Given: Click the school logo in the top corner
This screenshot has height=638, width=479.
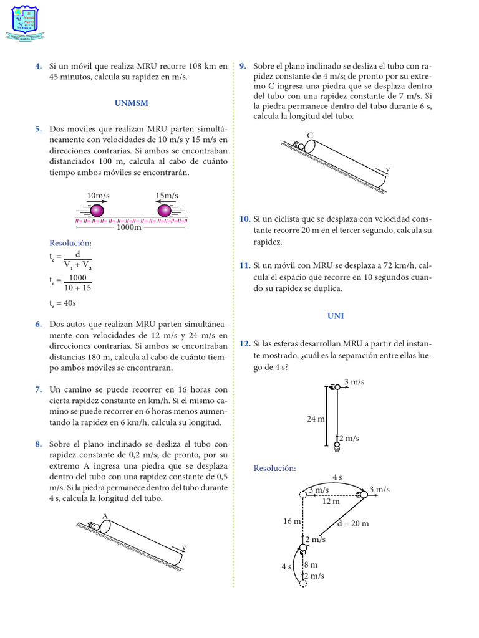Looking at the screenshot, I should coord(26,23).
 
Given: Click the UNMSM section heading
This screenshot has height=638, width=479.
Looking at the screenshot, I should coord(131,103).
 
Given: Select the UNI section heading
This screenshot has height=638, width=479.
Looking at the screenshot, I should coord(336,316).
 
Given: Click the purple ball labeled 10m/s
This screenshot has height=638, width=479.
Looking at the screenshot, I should coord(97,209).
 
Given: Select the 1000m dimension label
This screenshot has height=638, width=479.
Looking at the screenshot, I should coord(129,228).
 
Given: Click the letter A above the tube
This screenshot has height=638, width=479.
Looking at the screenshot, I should coord(105,515).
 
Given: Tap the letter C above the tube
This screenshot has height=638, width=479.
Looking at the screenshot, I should coord(310,135).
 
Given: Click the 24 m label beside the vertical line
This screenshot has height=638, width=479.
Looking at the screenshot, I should coord(316,419).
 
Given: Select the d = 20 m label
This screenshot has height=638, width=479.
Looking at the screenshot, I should coord(352,523).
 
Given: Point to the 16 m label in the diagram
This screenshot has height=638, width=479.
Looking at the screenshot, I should coord(292,521).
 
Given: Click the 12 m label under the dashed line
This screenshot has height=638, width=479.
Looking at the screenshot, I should coord(331,501).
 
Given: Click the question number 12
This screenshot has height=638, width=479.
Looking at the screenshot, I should coord(244,343).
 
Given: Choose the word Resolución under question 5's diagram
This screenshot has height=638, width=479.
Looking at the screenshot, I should coord(70,242).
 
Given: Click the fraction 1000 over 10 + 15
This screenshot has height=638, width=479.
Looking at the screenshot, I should coord(79,283).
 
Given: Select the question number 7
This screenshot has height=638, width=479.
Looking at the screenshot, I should coord(39,389).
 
